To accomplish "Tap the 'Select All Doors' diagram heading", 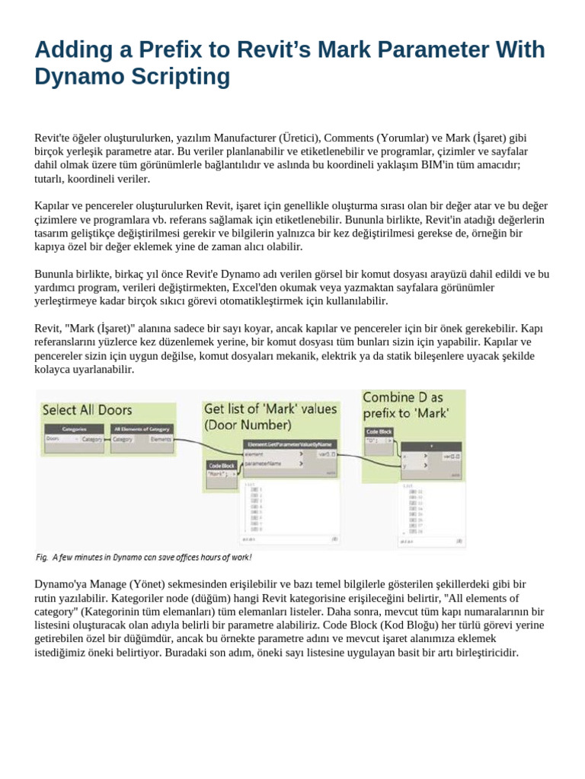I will (87, 410).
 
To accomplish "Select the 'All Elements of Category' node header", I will (142, 430).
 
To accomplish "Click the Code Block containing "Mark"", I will (222, 465).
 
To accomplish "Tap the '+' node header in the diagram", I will (430, 446).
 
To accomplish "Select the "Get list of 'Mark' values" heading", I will (270, 416).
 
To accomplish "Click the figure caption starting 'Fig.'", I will (143, 557).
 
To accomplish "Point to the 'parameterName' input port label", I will (263, 463).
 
